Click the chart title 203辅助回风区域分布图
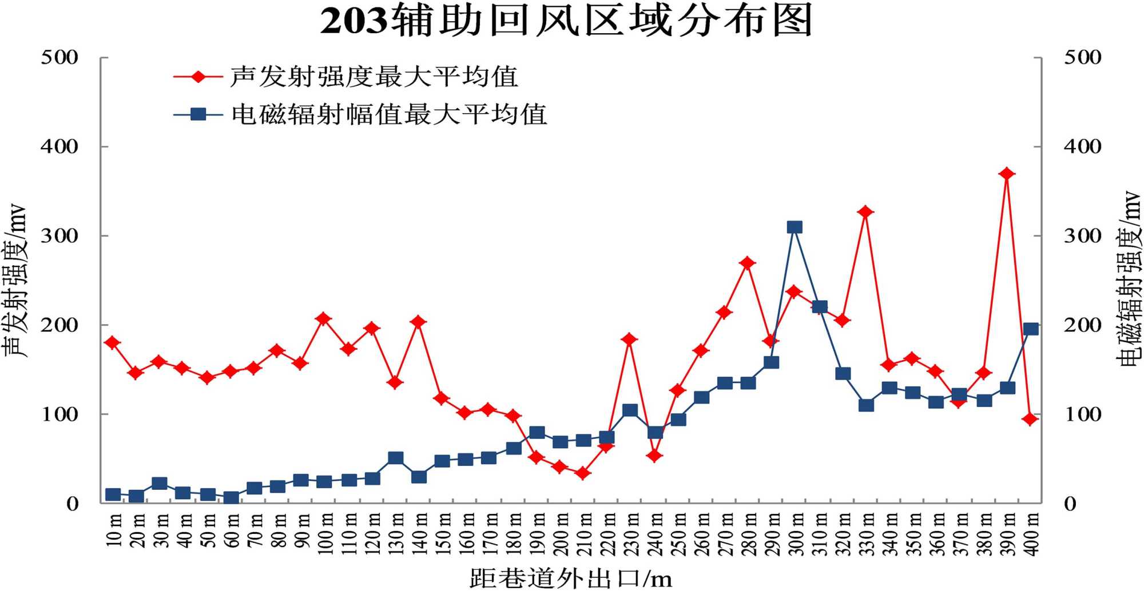(x=566, y=21)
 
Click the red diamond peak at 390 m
(x=1007, y=174)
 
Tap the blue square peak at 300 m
(x=794, y=227)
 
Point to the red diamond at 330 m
(x=865, y=212)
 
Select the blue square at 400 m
(x=1031, y=329)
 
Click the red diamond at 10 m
(x=113, y=342)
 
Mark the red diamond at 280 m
(x=748, y=263)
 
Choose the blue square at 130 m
(x=395, y=458)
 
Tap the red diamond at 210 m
(x=583, y=473)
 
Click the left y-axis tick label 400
(x=59, y=146)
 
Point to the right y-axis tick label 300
(x=1082, y=235)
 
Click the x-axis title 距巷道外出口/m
(x=570, y=578)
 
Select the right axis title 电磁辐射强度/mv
(x=1129, y=278)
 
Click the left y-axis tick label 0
(x=72, y=504)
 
